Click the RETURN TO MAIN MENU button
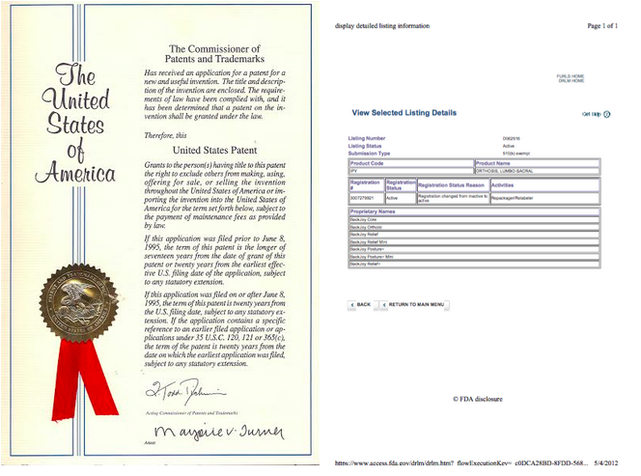click(x=415, y=304)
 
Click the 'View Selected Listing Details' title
click(x=404, y=113)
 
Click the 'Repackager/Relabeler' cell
click(x=512, y=197)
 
